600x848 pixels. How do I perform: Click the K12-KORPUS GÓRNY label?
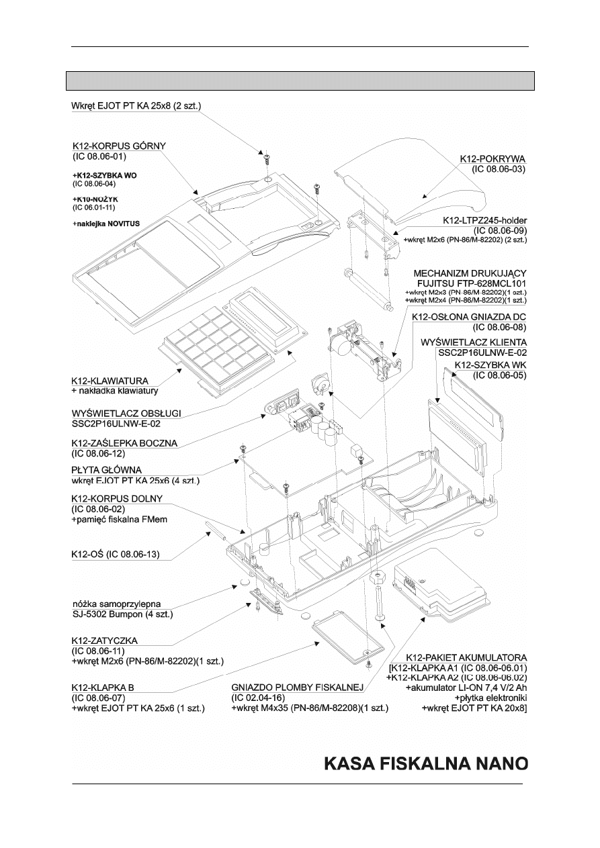[119, 146]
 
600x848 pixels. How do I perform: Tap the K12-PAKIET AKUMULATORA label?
[467, 657]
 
